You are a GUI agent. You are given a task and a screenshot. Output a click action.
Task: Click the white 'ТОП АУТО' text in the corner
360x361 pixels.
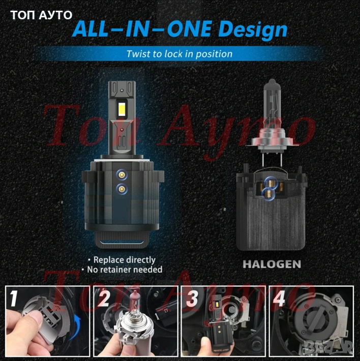point(41,15)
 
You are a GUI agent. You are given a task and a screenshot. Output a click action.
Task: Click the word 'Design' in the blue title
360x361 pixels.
point(253,29)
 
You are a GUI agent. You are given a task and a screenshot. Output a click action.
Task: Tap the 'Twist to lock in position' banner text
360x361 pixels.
point(179,54)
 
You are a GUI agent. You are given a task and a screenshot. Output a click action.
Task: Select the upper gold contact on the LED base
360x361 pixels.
point(122,175)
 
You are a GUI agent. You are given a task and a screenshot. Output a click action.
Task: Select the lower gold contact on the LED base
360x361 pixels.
point(122,189)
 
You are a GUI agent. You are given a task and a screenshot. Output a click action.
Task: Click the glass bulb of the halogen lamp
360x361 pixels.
point(272,106)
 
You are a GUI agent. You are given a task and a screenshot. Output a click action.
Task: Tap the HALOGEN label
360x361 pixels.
point(272,264)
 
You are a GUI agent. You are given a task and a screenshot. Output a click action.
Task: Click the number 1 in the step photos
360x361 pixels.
point(14,298)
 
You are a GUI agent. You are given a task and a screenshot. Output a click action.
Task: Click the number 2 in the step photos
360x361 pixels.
point(103,298)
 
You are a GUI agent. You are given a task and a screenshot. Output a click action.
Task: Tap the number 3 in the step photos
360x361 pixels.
point(192,298)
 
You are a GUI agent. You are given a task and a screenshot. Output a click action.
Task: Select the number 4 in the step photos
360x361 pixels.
point(279,298)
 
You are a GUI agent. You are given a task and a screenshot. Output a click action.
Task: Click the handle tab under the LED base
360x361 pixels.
point(122,240)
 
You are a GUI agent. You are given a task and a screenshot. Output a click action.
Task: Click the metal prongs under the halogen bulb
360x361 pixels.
point(271,159)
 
